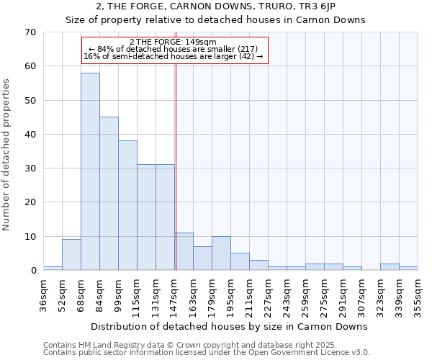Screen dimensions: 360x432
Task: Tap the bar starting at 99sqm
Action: [127, 205]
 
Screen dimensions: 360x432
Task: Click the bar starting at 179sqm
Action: [221, 253]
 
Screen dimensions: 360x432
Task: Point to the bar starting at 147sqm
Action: [184, 251]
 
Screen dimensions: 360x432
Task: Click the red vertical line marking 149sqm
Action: [176, 166]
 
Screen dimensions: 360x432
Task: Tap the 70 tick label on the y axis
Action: [30, 32]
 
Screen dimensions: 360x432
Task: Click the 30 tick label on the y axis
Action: [30, 168]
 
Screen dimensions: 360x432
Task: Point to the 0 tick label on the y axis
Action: [32, 271]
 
